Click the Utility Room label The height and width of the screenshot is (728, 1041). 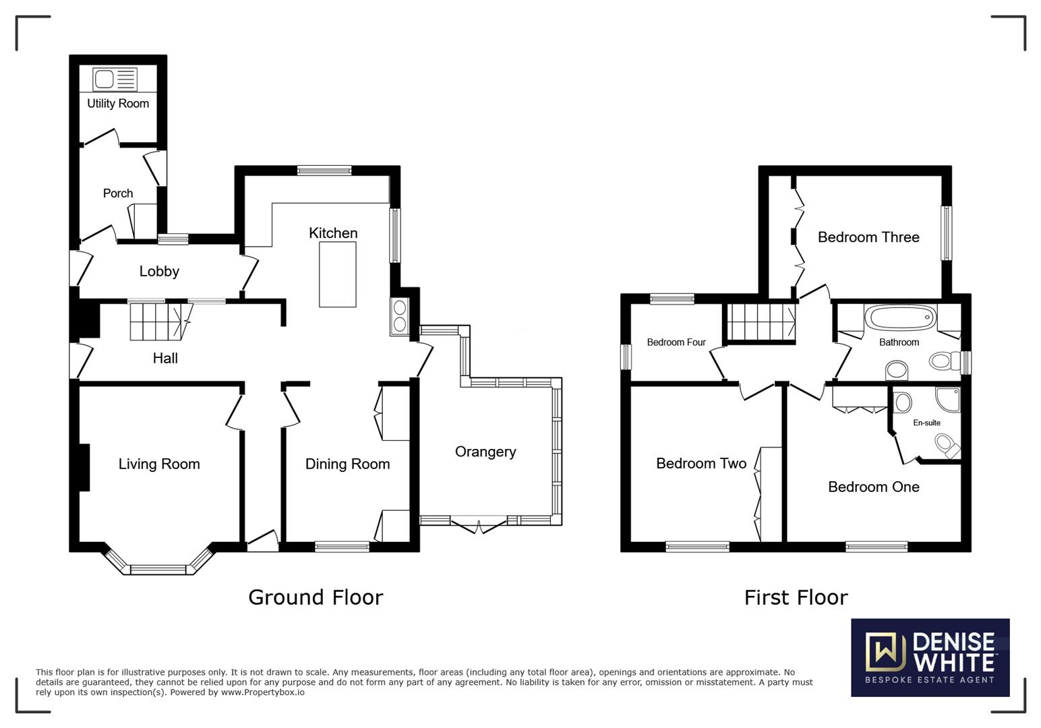(118, 103)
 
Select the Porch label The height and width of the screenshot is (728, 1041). (118, 193)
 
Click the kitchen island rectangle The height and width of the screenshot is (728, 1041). (338, 275)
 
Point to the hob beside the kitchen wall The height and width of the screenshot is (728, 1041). (399, 316)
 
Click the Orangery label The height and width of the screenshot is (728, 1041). (485, 452)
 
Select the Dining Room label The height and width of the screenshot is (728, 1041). (347, 464)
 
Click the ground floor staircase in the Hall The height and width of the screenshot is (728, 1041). (158, 322)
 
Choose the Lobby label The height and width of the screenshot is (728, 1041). (159, 271)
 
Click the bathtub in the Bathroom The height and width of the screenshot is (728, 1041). (900, 316)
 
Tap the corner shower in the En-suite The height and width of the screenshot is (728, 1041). (947, 398)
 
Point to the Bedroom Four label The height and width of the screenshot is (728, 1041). (676, 342)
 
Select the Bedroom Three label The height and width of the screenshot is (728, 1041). (868, 237)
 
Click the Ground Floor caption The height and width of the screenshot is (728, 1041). (316, 597)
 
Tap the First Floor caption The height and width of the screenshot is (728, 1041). (796, 597)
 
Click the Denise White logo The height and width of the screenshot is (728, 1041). (930, 657)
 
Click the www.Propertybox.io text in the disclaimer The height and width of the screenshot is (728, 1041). (262, 692)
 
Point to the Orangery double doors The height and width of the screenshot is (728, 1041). (479, 525)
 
